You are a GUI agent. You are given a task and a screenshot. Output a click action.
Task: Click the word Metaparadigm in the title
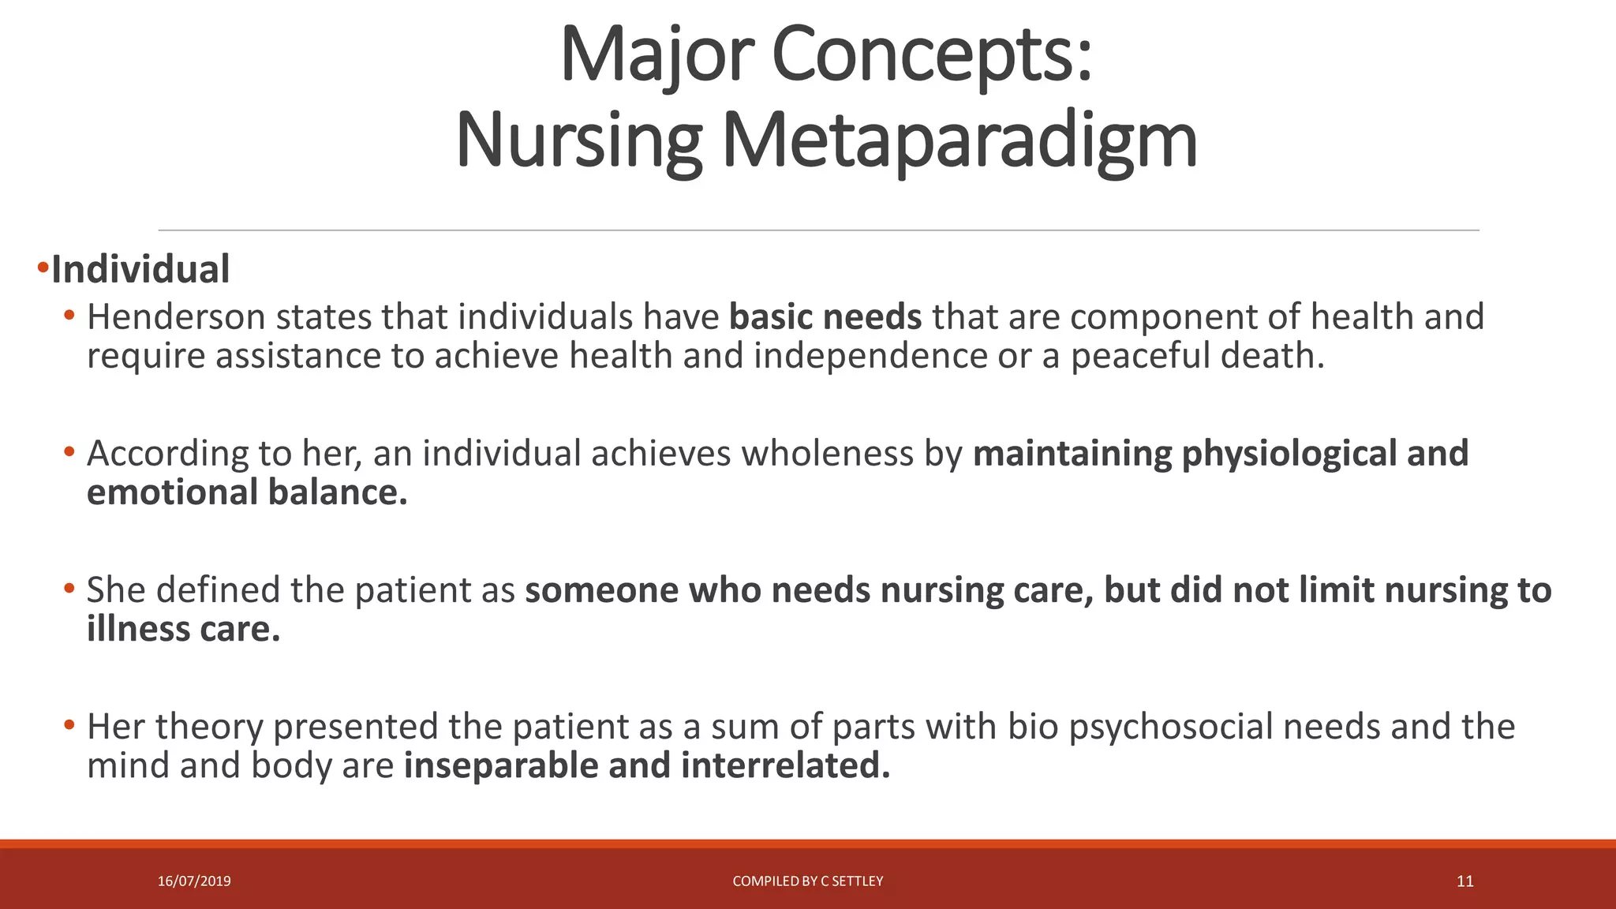click(959, 142)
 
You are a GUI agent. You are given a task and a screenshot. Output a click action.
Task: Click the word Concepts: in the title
click(931, 55)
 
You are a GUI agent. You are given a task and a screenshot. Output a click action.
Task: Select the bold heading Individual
click(140, 270)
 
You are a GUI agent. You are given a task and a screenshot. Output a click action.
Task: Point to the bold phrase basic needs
click(825, 317)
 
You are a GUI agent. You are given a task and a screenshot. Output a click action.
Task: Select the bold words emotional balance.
click(247, 492)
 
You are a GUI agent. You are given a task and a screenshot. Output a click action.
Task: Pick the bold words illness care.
click(183, 630)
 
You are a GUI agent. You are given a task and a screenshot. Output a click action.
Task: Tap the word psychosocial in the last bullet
click(1171, 727)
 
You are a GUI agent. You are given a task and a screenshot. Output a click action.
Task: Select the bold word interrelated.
click(785, 766)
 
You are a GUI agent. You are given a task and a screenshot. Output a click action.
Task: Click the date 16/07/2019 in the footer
click(194, 881)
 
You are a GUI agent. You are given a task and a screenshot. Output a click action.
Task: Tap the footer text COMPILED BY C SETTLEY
click(807, 881)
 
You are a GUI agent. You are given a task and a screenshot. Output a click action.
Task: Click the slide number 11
click(1464, 881)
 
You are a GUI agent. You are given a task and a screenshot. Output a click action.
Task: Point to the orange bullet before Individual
click(43, 268)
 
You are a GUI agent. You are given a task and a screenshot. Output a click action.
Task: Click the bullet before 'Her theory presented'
click(69, 724)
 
